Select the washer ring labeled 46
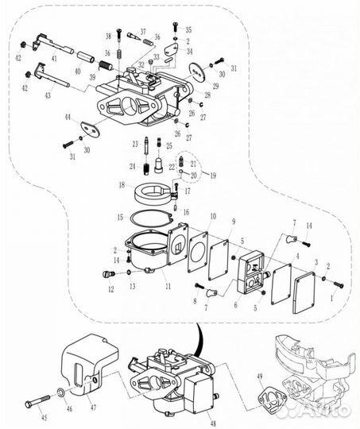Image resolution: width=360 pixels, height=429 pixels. point(61,393)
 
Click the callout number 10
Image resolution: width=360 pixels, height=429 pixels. point(212,216)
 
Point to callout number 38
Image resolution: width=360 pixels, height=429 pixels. point(109,37)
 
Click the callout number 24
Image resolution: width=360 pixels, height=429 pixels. point(132,167)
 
